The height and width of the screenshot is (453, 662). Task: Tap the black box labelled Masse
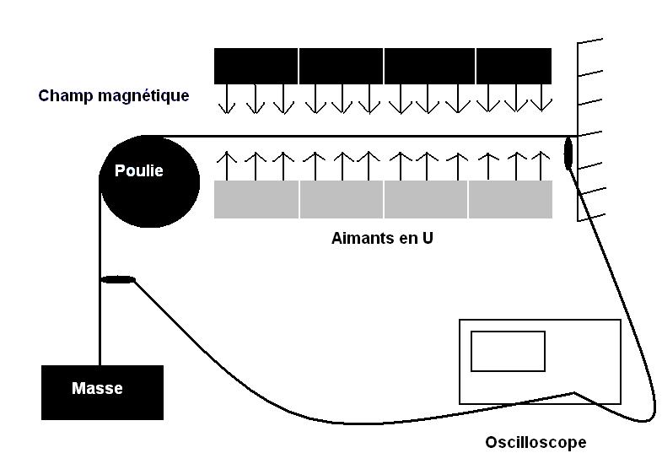point(102,392)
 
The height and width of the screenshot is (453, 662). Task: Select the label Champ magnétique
point(114,96)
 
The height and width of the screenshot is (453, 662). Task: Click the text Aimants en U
point(382,238)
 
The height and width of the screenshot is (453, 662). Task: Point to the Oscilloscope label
point(536,442)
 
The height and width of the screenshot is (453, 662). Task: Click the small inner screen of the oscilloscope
point(508,351)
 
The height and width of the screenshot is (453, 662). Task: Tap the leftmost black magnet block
point(256,66)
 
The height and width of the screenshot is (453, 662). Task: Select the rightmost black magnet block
point(514,66)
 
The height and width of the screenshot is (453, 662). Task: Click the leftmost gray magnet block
point(256,200)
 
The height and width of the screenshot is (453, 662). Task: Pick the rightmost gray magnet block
point(510,200)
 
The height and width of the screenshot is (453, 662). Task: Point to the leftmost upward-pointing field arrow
point(225,160)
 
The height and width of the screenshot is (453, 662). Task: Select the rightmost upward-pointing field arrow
point(541,160)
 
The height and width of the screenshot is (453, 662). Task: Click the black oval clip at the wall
point(568,153)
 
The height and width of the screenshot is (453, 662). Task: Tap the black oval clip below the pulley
point(117,279)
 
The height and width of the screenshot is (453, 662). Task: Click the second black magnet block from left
point(341,66)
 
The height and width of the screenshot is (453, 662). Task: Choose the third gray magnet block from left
point(425,200)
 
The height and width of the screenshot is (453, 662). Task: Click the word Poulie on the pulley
point(139,171)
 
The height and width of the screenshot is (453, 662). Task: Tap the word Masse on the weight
point(97,389)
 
